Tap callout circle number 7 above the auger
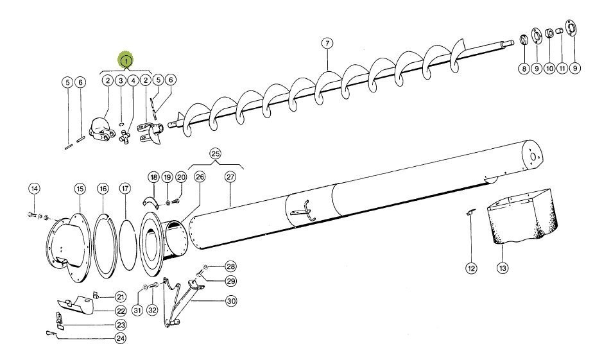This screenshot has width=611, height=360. coord(327,44)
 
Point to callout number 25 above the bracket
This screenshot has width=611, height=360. coord(214,154)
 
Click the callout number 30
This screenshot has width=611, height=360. coord(230,301)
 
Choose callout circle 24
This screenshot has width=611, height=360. coord(120,338)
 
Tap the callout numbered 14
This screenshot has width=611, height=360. coord(35,189)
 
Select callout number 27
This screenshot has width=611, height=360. coord(230,177)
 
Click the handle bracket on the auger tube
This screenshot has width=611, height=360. coord(303,211)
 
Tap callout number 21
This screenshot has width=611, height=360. coord(120,296)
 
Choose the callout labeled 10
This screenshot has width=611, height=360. coord(549,67)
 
